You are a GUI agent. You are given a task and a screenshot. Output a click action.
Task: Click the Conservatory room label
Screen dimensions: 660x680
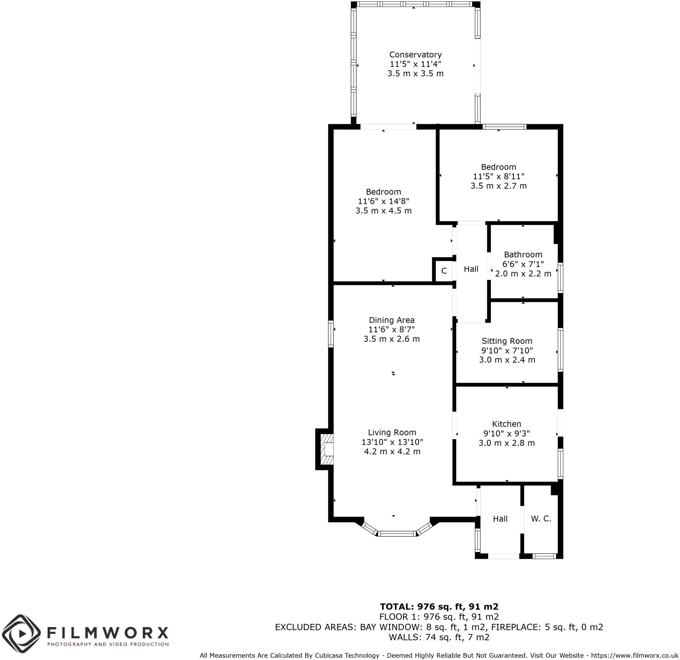[x=415, y=54]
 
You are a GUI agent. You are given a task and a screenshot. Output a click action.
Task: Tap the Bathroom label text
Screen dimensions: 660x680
[x=523, y=254]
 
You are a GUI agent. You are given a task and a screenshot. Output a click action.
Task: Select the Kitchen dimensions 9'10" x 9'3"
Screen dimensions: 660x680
[x=507, y=433]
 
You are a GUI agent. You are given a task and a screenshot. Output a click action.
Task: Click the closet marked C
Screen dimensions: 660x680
[x=444, y=271]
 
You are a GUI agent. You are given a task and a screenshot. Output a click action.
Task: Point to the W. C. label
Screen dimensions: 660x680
[x=541, y=519]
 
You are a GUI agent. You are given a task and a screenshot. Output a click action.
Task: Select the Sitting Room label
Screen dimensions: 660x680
[x=507, y=341]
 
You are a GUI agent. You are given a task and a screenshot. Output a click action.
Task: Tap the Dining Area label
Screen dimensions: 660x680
[x=391, y=320]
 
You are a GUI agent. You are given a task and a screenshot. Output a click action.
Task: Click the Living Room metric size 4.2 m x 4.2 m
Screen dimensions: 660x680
[x=392, y=451]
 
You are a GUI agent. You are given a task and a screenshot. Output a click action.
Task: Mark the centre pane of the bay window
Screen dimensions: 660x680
[x=396, y=533]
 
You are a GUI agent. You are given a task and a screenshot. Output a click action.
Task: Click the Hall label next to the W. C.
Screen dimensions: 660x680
[x=500, y=519]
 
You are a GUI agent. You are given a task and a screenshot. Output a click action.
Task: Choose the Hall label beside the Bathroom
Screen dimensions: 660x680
[x=471, y=269]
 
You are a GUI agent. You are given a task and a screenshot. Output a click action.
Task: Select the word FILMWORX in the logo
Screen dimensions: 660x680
[x=108, y=632]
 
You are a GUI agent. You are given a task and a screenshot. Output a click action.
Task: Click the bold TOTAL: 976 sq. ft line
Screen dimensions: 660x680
[x=439, y=606]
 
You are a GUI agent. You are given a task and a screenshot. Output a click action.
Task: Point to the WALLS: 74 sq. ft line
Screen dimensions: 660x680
[x=439, y=637]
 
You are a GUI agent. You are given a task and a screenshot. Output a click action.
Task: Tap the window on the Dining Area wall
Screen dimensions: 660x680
[x=331, y=333]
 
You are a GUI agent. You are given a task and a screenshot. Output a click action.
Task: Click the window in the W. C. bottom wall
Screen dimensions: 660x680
[x=544, y=556]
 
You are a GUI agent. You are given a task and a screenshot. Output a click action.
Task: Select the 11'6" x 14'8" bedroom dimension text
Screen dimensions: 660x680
[x=383, y=201]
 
